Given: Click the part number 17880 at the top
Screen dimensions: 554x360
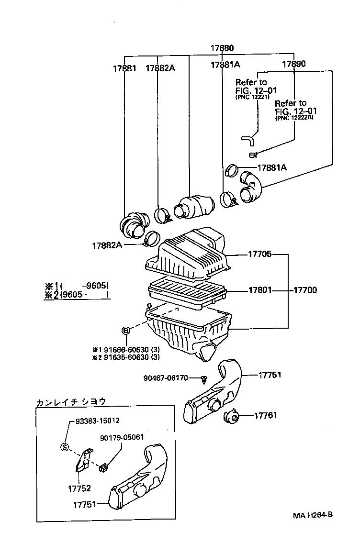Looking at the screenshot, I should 222,48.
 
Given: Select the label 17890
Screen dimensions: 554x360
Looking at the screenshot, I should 293,64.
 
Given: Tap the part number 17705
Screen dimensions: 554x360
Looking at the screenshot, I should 259,255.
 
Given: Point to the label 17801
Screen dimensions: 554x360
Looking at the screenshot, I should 259,290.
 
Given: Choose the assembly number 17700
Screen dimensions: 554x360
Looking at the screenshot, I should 304,290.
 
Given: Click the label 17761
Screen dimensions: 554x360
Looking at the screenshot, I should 265,416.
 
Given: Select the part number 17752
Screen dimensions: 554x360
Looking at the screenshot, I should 79,488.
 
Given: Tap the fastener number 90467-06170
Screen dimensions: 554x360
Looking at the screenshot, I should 169,378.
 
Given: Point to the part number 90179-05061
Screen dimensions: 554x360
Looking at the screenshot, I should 122,437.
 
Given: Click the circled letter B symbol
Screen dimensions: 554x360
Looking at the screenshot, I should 126,331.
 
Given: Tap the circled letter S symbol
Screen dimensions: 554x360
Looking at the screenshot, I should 65,447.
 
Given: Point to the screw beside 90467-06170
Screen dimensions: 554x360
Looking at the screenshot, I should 204,380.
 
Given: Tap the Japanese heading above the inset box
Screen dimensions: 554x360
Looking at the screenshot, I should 70,402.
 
